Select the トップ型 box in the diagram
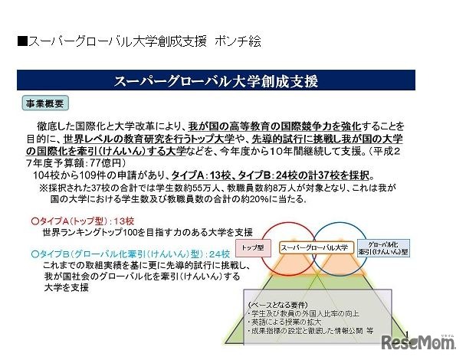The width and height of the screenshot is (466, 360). pyautogui.click(x=253, y=247)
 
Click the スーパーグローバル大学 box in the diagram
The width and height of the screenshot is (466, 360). pyautogui.click(x=314, y=247)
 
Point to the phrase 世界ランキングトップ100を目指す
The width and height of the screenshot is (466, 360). pyautogui.click(x=100, y=231)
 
